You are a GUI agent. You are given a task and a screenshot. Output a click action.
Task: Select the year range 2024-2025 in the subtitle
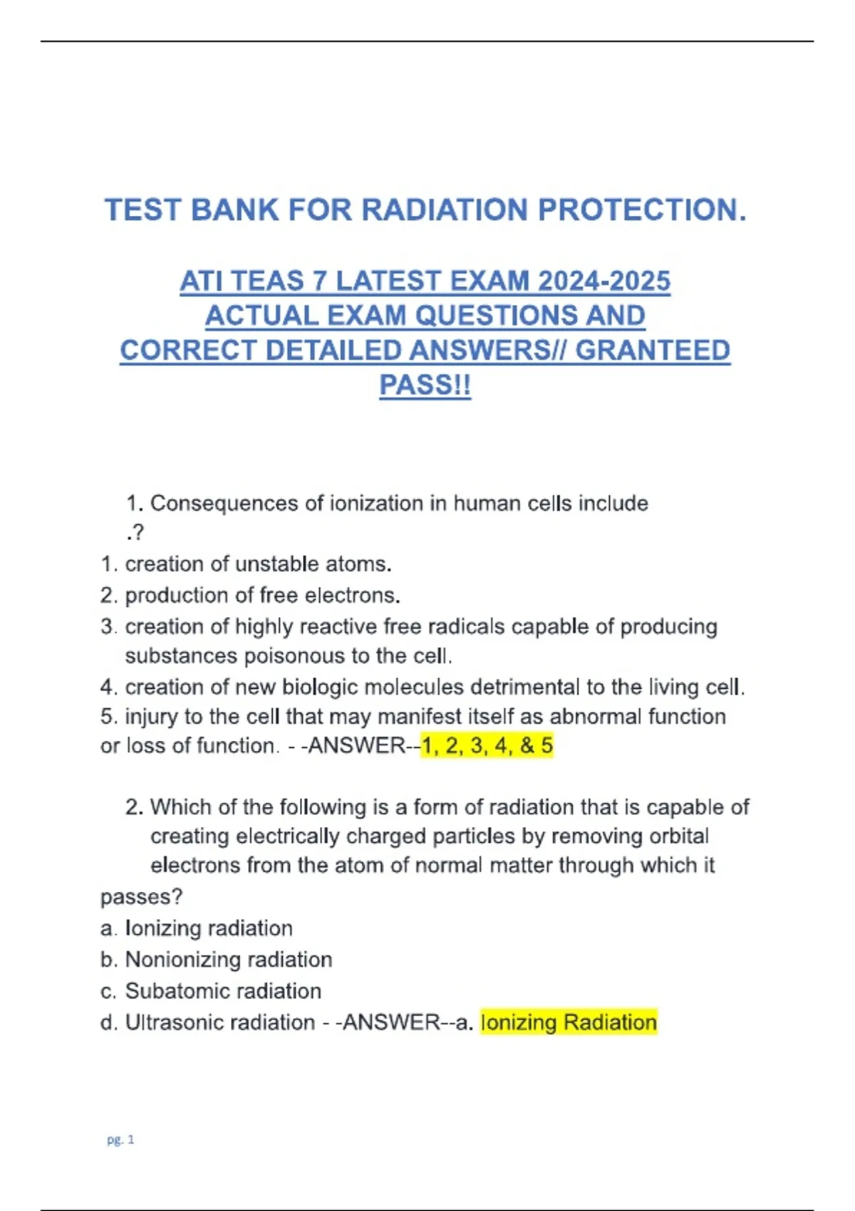pyautogui.click(x=604, y=281)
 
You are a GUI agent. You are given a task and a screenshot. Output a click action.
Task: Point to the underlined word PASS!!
pyautogui.click(x=425, y=385)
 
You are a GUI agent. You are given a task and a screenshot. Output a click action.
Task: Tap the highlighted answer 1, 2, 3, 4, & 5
pyautogui.click(x=487, y=746)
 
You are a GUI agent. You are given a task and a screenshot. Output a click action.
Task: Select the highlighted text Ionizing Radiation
pyautogui.click(x=569, y=1022)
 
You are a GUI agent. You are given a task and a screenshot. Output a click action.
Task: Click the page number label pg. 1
pyautogui.click(x=120, y=1140)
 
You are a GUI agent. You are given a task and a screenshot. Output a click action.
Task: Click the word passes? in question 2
pyautogui.click(x=141, y=896)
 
